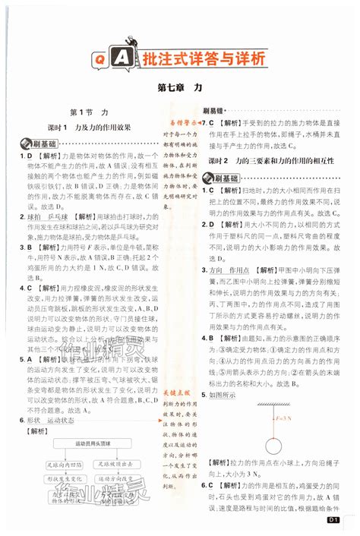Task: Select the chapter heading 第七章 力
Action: coord(179,88)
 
